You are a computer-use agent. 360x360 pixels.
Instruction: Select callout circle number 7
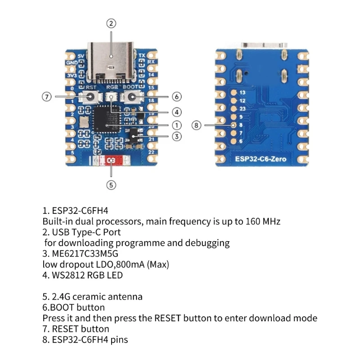pyautogui.click(x=47, y=97)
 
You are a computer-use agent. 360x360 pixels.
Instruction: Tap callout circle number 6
pyautogui.click(x=176, y=97)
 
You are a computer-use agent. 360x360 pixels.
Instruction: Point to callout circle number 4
pyautogui.click(x=176, y=112)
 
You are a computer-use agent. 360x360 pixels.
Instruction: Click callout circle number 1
pyautogui.click(x=176, y=125)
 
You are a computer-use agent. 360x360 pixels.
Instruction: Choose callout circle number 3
pyautogui.click(x=176, y=136)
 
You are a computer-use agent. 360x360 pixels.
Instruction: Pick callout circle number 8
pyautogui.click(x=197, y=125)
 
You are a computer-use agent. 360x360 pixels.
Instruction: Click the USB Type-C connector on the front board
pyautogui.click(x=111, y=61)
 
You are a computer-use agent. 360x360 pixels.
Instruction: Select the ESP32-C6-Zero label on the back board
pyautogui.click(x=261, y=158)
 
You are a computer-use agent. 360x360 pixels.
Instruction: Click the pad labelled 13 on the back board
pyautogui.click(x=234, y=92)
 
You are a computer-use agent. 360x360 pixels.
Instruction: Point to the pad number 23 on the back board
pyautogui.click(x=234, y=108)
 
